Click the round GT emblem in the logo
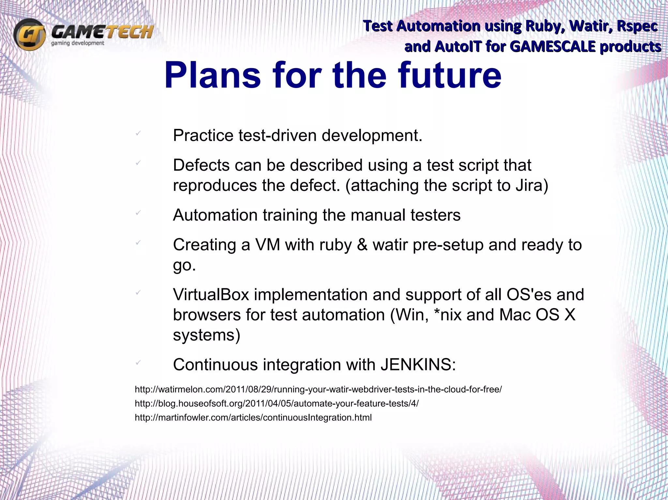point(29,34)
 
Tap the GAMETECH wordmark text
point(102,32)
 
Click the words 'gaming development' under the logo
point(78,43)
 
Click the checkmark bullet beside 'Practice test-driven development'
point(138,133)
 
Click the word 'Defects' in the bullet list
point(201,165)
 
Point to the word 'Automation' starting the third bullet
point(215,215)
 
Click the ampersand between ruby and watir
point(362,245)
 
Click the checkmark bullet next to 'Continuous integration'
point(138,362)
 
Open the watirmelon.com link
point(318,389)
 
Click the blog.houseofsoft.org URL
point(277,404)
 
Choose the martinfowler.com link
point(253,418)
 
